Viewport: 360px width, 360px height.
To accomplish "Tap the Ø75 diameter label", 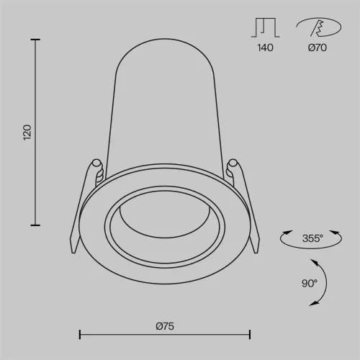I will [165, 326].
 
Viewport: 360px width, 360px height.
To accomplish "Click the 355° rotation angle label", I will [312, 237].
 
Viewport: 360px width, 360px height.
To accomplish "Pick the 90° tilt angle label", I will [310, 283].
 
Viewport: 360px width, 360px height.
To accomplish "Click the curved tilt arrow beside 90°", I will [321, 283].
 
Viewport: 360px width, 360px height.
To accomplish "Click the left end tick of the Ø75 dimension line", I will [78, 335].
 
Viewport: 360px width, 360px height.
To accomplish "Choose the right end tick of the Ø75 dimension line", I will [250, 335].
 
